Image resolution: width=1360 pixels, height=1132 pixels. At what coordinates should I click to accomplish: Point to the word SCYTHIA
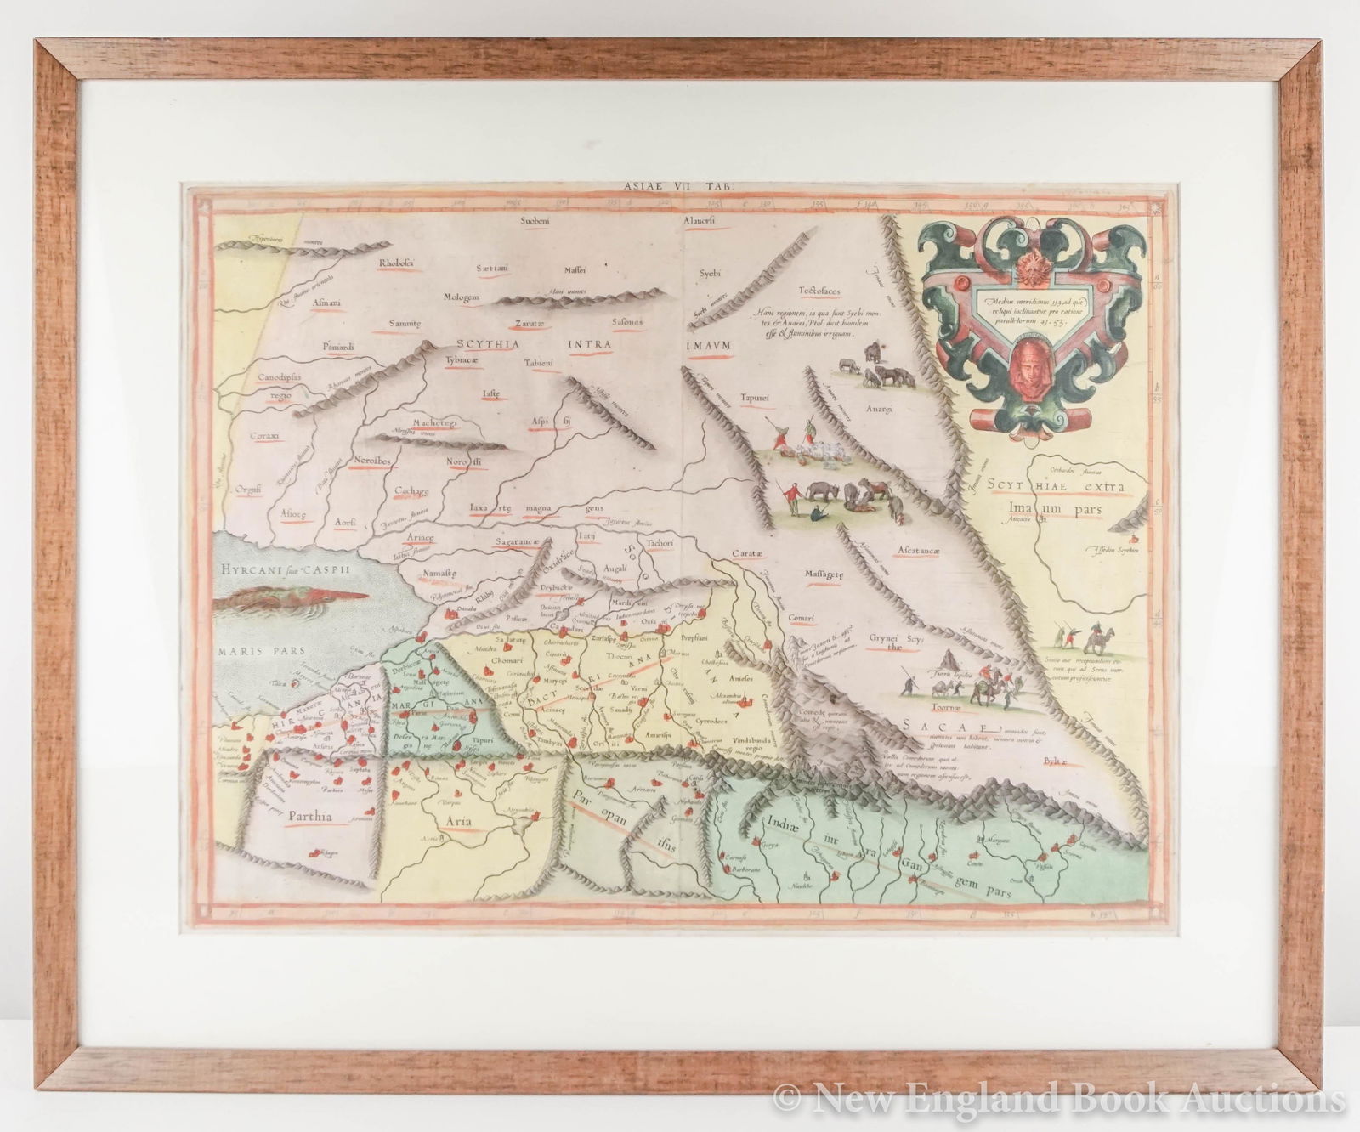pyautogui.click(x=488, y=343)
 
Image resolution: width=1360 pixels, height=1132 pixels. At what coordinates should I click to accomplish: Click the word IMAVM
pyautogui.click(x=700, y=345)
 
